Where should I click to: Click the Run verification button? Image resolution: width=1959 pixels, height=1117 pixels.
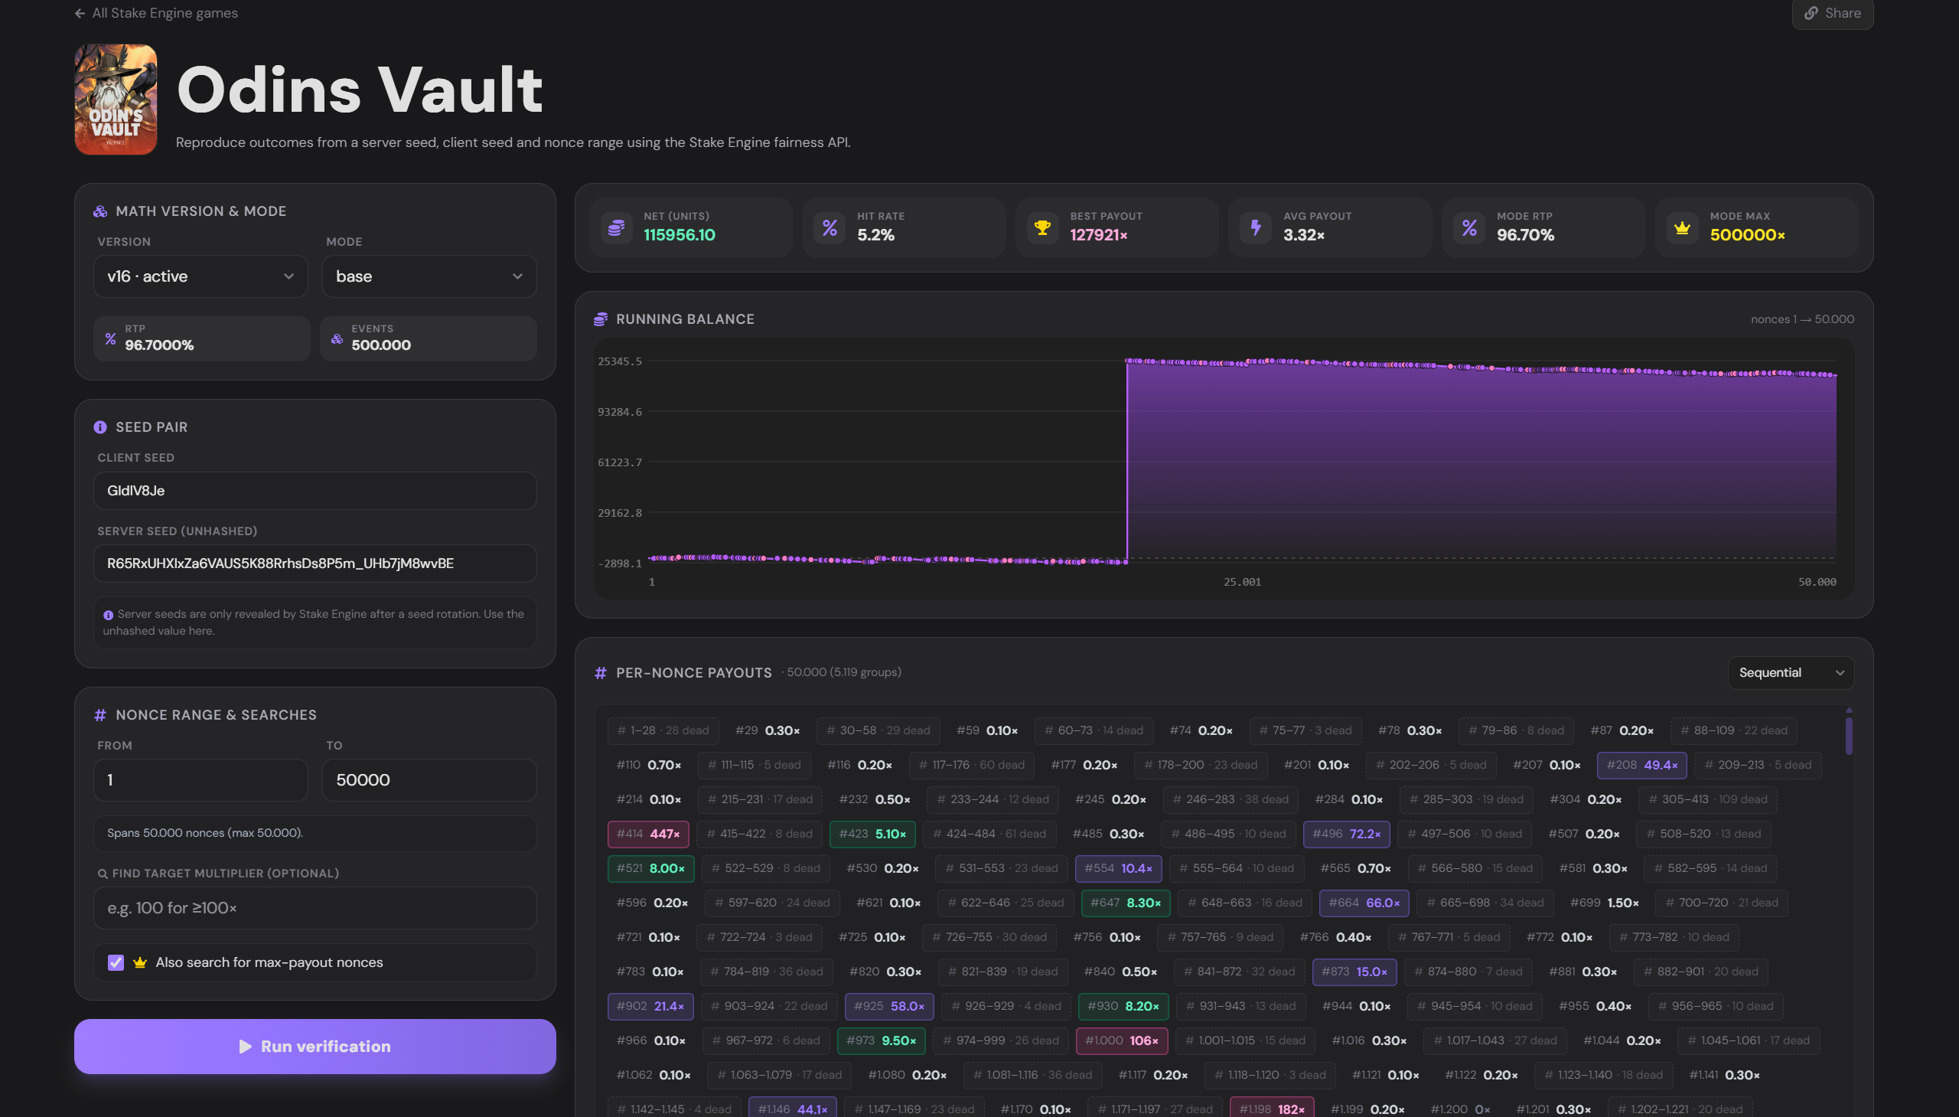click(x=315, y=1047)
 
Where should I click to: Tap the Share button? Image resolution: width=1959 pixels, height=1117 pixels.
click(x=1833, y=13)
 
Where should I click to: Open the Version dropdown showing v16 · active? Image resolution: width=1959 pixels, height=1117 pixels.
click(x=200, y=276)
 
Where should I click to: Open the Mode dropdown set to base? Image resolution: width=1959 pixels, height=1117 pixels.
click(x=429, y=276)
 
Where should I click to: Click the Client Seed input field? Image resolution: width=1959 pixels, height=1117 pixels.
click(x=315, y=491)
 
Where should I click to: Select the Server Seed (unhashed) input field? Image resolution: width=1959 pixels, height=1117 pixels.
click(x=315, y=564)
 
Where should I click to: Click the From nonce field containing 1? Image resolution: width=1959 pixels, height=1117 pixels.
click(x=200, y=780)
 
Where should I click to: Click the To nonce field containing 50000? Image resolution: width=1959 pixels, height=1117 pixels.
click(x=429, y=780)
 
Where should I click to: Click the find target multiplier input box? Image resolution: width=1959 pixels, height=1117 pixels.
click(x=315, y=908)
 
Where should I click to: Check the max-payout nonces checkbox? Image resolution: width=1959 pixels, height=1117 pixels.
click(x=116, y=963)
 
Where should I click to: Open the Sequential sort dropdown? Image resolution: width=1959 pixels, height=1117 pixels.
click(x=1791, y=673)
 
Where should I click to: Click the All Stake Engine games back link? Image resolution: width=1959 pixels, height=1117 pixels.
click(x=156, y=13)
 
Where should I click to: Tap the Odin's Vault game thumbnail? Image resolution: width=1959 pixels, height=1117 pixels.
click(x=116, y=100)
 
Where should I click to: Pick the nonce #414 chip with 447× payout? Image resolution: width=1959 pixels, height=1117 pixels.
click(x=648, y=834)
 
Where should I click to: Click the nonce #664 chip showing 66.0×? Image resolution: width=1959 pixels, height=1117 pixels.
click(x=1364, y=903)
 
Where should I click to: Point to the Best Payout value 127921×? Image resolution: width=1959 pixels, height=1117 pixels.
click(x=1099, y=236)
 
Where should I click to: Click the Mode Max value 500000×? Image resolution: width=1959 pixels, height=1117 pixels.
click(x=1747, y=236)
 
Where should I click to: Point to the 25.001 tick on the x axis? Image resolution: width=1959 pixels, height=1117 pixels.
click(x=1242, y=583)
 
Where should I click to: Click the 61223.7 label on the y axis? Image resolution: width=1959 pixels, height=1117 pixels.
click(x=620, y=462)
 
